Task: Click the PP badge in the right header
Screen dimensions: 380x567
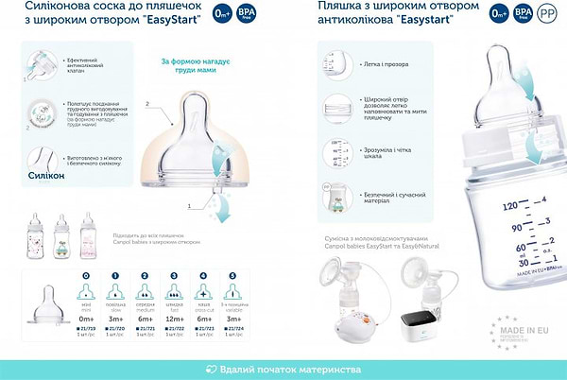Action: (x=546, y=13)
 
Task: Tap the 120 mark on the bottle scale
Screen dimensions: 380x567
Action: (x=511, y=204)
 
